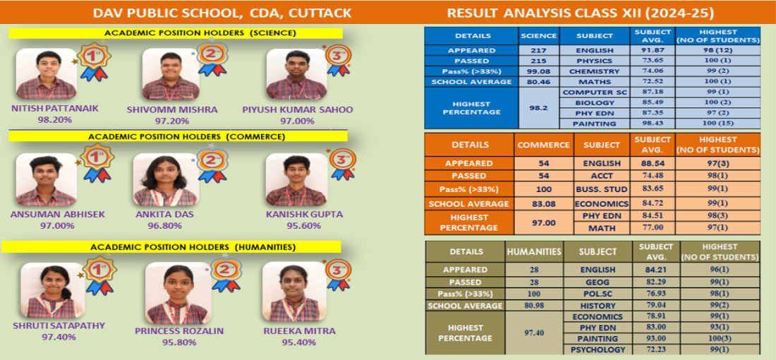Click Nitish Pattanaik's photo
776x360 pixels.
[x=47, y=74]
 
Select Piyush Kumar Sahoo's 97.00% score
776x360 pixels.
[x=298, y=120]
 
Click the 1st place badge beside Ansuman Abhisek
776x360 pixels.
[x=97, y=163]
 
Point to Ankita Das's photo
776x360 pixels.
[x=166, y=179]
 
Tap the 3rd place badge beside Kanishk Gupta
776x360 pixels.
[x=342, y=164]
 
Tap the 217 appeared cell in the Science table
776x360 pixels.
[x=539, y=51]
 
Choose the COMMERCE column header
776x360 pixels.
[x=543, y=145]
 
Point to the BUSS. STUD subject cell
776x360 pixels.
[x=601, y=188]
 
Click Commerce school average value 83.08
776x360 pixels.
[x=543, y=203]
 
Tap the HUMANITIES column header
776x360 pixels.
[x=534, y=251]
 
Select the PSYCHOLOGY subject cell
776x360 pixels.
[x=598, y=349]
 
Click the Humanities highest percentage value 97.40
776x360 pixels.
[x=534, y=332]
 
